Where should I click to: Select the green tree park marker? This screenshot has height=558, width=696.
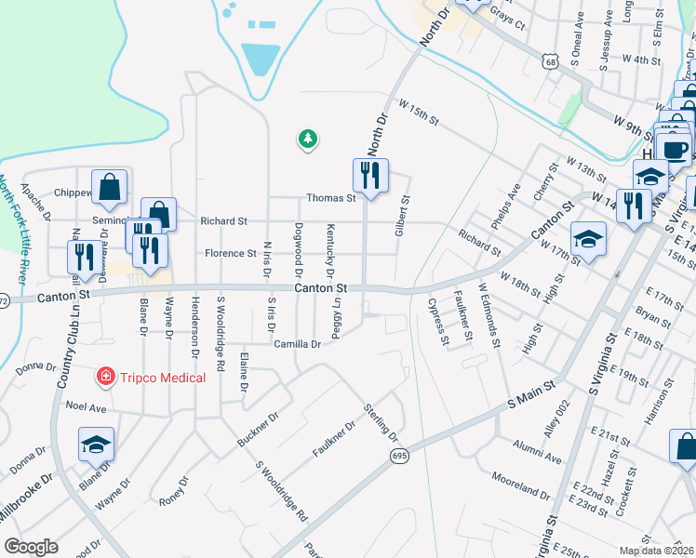click(307, 139)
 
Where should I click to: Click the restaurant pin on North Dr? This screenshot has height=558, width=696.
click(370, 175)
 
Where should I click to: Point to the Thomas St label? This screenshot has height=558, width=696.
click(332, 198)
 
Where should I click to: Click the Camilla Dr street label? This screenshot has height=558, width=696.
click(297, 344)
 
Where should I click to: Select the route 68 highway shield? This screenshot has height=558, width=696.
click(552, 60)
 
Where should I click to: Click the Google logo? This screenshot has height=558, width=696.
click(31, 547)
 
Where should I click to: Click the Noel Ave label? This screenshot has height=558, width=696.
click(87, 406)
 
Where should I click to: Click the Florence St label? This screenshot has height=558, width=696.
click(230, 253)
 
